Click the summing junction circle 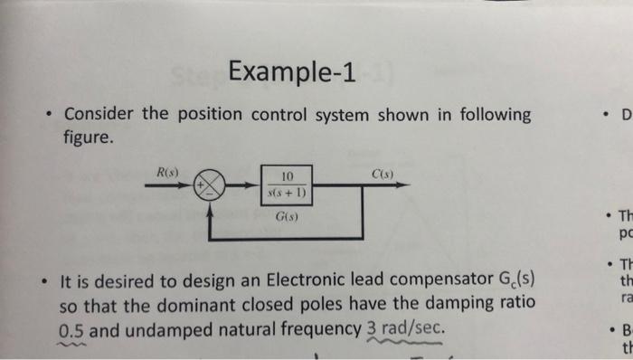[x=212, y=185]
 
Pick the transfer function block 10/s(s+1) [x=288, y=184]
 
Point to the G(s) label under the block [x=288, y=217]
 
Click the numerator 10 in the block [x=288, y=175]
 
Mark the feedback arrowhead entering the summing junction [x=212, y=204]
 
